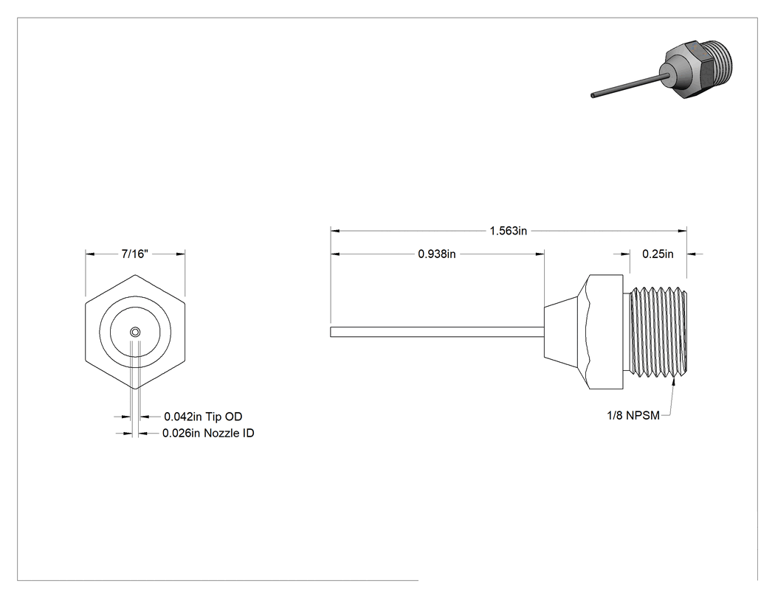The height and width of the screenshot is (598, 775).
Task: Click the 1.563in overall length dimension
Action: coord(508,231)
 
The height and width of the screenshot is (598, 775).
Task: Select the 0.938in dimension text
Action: coord(437,254)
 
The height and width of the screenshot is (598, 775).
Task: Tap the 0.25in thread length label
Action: coord(658,254)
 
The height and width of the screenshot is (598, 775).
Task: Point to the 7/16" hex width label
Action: coord(135,254)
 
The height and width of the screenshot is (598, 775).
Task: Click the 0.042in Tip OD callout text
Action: coord(203,417)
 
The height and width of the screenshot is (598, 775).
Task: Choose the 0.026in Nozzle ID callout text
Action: coord(209,433)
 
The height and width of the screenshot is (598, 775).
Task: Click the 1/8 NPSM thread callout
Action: coord(633,416)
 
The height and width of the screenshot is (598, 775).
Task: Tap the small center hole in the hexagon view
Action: coord(135,332)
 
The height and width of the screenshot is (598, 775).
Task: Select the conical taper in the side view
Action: coord(562,332)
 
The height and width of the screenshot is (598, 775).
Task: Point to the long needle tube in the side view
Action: coord(438,332)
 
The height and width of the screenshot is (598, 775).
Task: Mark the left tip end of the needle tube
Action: coord(331,332)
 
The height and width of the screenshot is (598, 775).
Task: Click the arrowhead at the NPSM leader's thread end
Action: coord(674,381)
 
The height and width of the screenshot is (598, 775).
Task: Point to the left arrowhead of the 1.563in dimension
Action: coord(334,231)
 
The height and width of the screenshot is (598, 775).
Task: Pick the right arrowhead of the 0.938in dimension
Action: coord(540,254)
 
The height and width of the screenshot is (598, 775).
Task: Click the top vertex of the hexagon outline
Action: coord(135,274)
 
